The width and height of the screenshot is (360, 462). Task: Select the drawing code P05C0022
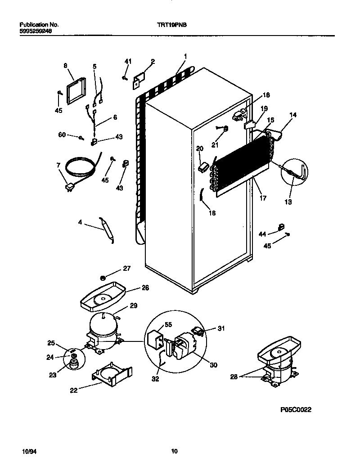point(296,410)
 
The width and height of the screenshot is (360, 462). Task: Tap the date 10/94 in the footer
point(28,451)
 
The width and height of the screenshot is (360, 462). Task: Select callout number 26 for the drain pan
point(132,288)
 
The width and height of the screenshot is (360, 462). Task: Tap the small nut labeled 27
point(103,278)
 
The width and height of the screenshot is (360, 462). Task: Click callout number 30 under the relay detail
point(213,365)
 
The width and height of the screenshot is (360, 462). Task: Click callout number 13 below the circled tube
point(288,202)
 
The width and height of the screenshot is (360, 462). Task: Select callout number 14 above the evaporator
point(293,115)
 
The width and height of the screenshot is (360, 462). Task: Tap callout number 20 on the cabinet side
point(200,148)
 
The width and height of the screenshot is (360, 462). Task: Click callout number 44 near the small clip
point(263,233)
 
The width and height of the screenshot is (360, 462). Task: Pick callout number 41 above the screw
point(128,61)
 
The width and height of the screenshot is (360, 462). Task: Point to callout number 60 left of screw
point(62,135)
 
